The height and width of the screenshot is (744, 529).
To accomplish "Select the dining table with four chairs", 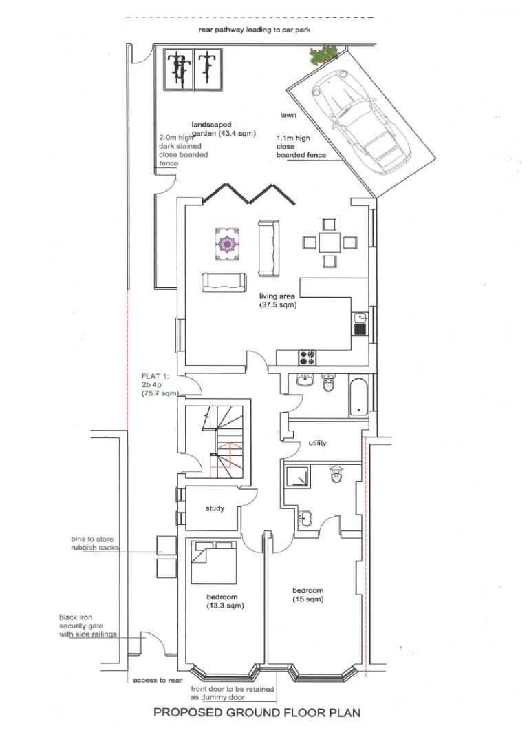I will click(330, 242).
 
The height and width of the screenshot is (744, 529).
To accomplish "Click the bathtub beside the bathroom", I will click(358, 397).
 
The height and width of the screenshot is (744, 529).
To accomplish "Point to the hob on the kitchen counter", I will click(307, 357).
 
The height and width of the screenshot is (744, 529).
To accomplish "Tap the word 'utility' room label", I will click(317, 443).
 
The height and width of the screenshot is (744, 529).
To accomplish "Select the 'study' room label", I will click(215, 509).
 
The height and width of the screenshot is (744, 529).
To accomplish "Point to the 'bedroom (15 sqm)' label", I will click(307, 596).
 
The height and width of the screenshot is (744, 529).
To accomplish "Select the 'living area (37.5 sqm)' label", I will click(277, 300).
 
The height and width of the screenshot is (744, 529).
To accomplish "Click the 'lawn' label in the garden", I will click(288, 115).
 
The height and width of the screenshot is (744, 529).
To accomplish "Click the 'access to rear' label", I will click(158, 680).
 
